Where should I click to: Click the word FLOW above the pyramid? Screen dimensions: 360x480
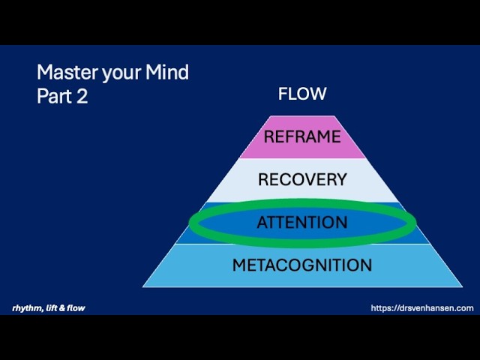click(302, 94)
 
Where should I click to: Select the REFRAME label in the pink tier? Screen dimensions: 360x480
click(301, 137)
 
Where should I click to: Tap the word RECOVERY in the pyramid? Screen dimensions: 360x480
click(302, 180)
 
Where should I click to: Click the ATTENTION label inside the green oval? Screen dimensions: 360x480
click(302, 223)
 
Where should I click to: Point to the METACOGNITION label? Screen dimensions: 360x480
click(302, 265)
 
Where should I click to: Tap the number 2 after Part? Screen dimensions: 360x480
click(82, 97)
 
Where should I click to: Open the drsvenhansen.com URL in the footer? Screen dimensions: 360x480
click(422, 308)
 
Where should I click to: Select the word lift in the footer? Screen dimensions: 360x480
click(49, 308)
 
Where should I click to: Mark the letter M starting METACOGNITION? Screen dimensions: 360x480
click(238, 265)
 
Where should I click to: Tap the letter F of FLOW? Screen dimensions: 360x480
click(283, 94)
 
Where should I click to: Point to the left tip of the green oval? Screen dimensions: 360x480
click(190, 223)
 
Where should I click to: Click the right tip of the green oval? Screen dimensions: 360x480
click(415, 223)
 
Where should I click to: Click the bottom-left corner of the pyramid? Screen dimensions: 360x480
click(143, 286)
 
